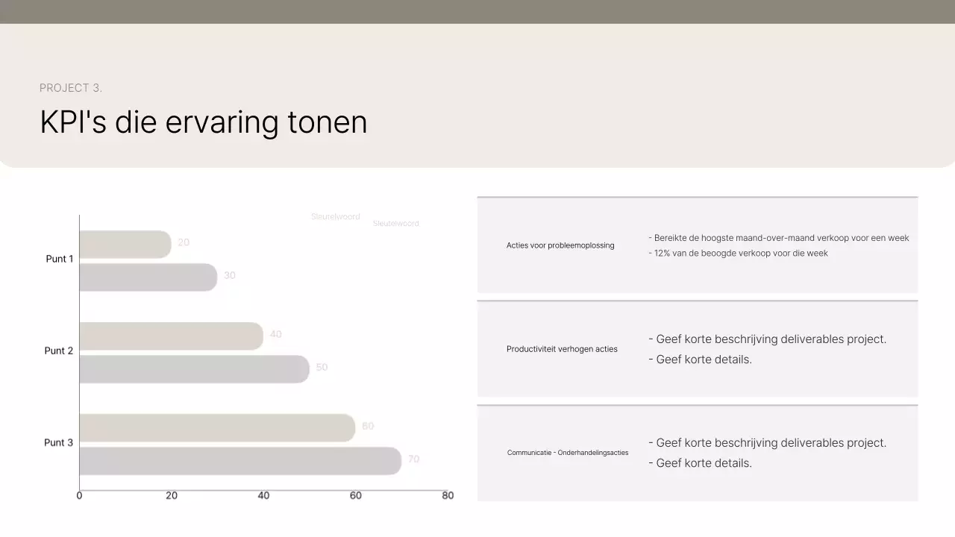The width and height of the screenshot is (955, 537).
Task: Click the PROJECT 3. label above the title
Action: [71, 88]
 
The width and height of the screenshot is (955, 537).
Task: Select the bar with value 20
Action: [125, 245]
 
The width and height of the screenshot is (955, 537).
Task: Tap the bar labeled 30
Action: [148, 277]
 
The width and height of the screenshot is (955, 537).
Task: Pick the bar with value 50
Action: [194, 369]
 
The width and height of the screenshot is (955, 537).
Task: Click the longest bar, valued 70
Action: [239, 461]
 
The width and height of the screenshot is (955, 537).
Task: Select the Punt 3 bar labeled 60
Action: [216, 428]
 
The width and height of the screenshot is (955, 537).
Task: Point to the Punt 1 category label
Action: [60, 259]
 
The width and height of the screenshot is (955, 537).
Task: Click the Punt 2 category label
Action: [59, 351]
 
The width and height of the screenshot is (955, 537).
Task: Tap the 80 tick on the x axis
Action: [448, 495]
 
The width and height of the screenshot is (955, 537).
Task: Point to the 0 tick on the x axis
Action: [79, 495]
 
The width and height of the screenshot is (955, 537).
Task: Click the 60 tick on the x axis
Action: [356, 495]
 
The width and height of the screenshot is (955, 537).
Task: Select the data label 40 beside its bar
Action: [276, 334]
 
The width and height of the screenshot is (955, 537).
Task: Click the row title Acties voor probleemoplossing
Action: [560, 245]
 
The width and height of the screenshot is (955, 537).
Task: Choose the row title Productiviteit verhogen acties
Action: [562, 349]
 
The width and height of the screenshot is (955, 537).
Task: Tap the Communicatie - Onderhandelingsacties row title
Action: [568, 453]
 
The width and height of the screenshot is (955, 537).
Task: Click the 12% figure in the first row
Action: [662, 254]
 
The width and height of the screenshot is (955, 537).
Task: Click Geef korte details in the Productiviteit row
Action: [703, 359]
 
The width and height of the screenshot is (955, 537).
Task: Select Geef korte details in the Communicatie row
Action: [703, 463]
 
